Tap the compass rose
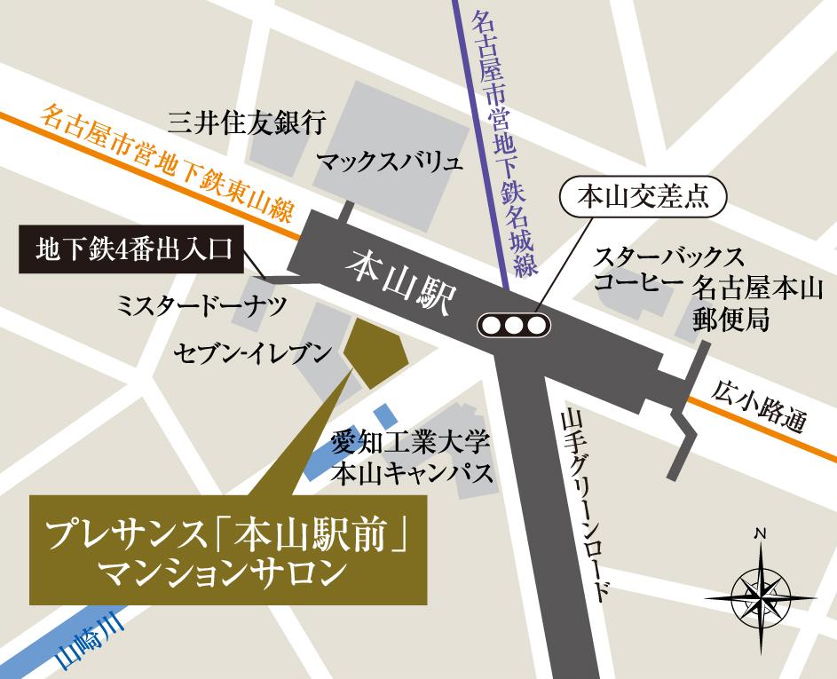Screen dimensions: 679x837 tap(760, 590)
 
